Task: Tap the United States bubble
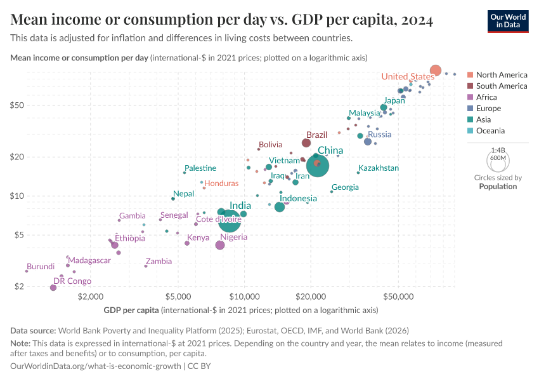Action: [436, 70]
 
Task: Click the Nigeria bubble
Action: [220, 245]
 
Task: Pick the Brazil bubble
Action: [306, 143]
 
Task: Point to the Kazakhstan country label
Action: [379, 168]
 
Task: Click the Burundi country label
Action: [41, 267]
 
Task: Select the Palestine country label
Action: [200, 168]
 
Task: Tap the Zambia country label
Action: [159, 261]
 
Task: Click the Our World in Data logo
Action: [508, 21]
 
